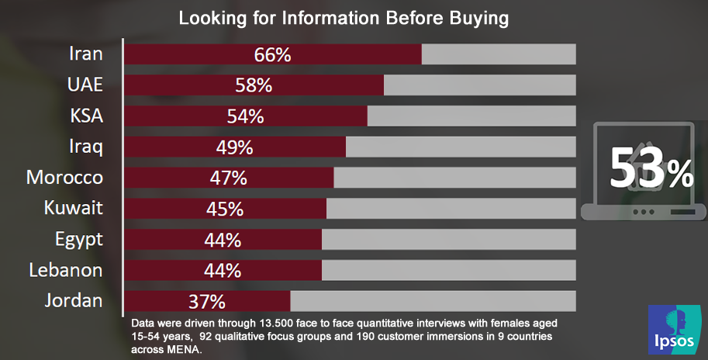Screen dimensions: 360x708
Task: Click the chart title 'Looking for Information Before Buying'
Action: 344,18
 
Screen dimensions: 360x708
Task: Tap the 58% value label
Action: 254,85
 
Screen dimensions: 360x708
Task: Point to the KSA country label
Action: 86,116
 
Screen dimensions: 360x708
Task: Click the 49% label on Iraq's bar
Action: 234,147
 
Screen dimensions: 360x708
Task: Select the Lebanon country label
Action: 66,271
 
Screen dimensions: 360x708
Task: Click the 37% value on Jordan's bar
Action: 207,301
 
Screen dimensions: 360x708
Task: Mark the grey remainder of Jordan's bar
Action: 433,301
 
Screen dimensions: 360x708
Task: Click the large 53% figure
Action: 650,168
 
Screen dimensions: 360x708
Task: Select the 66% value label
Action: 272,54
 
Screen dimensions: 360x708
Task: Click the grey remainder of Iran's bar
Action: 499,54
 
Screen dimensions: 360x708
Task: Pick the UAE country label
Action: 85,85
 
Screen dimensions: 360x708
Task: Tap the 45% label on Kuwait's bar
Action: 225,209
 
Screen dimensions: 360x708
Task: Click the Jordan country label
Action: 74,301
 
